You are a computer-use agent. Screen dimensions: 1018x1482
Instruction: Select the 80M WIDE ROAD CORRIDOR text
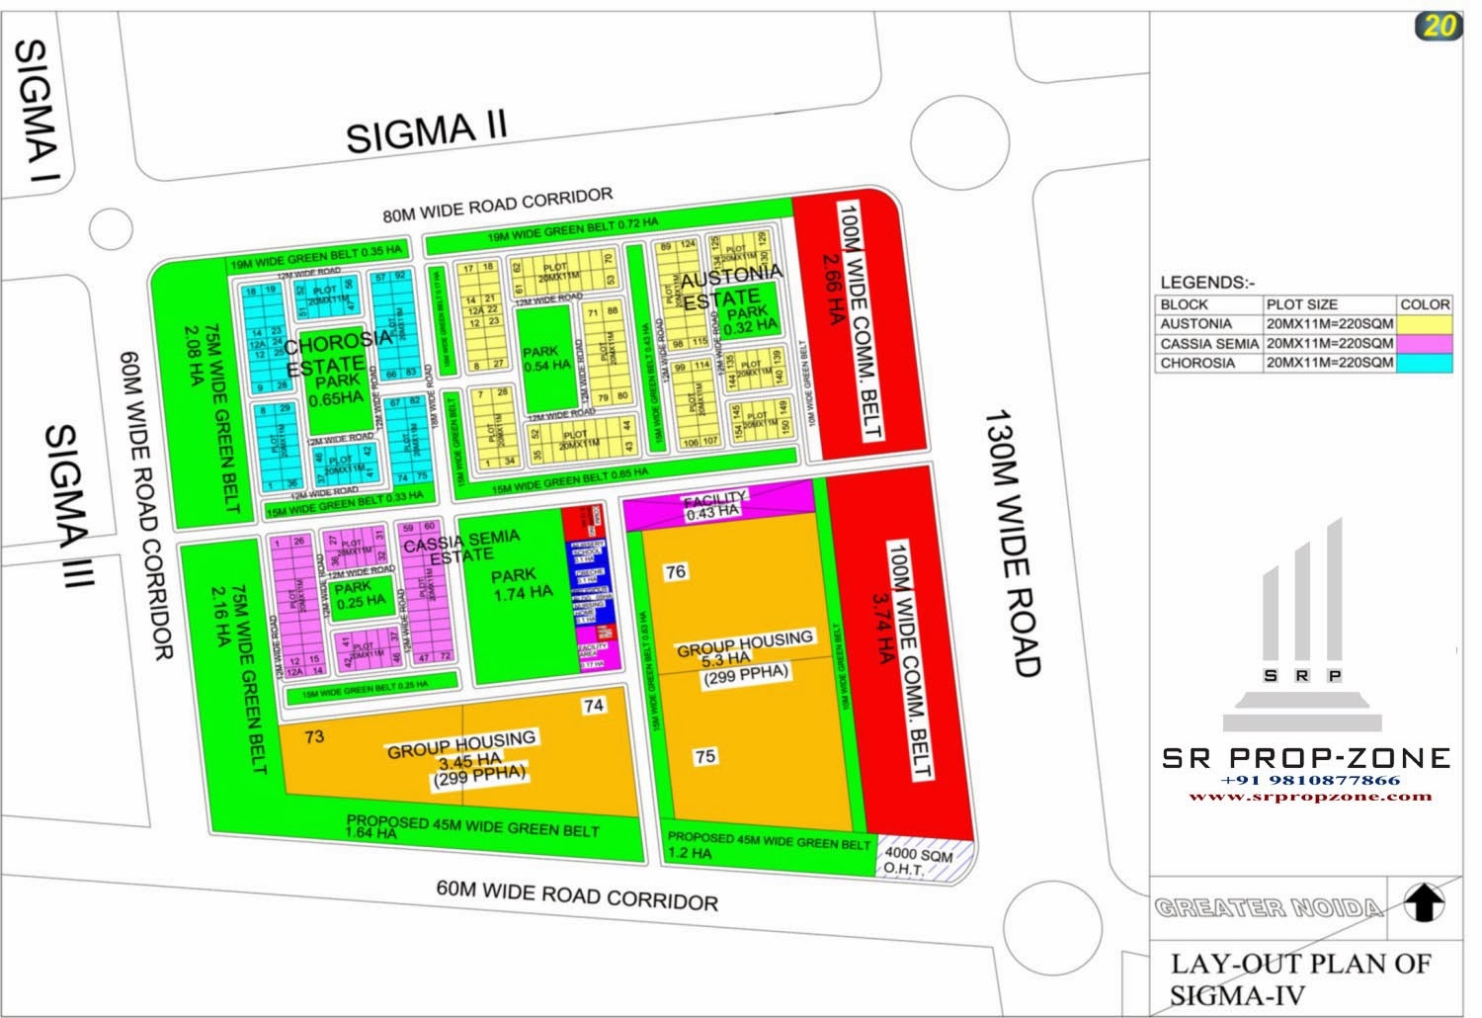tap(498, 204)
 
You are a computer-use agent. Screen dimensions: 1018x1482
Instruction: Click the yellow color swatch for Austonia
tap(1425, 324)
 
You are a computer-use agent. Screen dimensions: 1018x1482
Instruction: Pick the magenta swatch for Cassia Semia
tap(1425, 344)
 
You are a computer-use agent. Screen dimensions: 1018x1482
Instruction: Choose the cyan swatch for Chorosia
tap(1425, 363)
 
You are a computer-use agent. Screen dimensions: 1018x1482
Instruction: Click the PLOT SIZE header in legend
tap(1301, 304)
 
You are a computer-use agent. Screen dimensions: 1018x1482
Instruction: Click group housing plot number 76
tap(675, 572)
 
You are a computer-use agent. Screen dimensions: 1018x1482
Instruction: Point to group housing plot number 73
tap(314, 736)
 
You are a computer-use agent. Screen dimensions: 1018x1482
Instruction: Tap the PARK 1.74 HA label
tap(521, 583)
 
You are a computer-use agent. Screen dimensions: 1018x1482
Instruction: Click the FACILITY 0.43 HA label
tap(713, 505)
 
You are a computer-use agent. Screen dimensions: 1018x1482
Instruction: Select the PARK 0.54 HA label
tap(546, 358)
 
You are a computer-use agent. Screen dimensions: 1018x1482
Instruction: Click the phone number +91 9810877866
tap(1309, 780)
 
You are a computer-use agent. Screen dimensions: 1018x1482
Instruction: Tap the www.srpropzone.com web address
tap(1309, 796)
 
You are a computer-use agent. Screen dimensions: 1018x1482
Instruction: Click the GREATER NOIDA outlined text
tap(1269, 907)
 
